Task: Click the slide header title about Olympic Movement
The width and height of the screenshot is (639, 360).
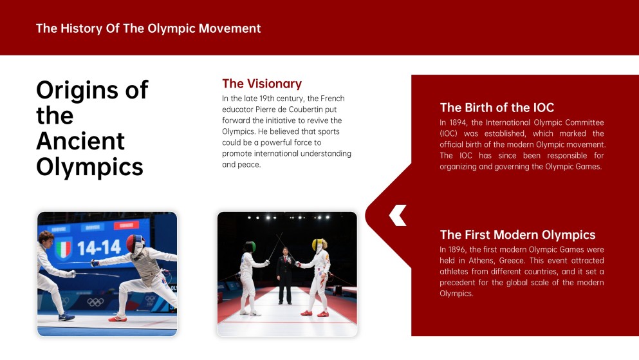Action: click(x=149, y=28)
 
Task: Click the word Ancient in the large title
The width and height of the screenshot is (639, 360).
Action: click(x=80, y=141)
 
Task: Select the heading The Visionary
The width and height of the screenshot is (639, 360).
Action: click(x=262, y=84)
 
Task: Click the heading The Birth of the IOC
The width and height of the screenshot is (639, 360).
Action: click(x=497, y=108)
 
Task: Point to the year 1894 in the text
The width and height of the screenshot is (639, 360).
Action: click(x=458, y=122)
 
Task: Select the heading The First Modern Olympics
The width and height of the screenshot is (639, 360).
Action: click(x=517, y=235)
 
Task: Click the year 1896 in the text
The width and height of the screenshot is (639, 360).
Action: click(x=458, y=249)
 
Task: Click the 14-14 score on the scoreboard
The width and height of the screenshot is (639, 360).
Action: click(x=99, y=247)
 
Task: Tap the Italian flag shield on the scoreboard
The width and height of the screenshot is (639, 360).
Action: click(x=64, y=249)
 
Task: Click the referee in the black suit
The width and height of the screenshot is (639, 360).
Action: click(x=285, y=276)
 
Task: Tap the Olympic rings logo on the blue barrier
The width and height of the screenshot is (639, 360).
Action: click(x=95, y=302)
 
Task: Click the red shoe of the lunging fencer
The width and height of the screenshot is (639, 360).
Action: click(x=117, y=318)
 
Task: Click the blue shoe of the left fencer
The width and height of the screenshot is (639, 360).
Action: click(x=66, y=317)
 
